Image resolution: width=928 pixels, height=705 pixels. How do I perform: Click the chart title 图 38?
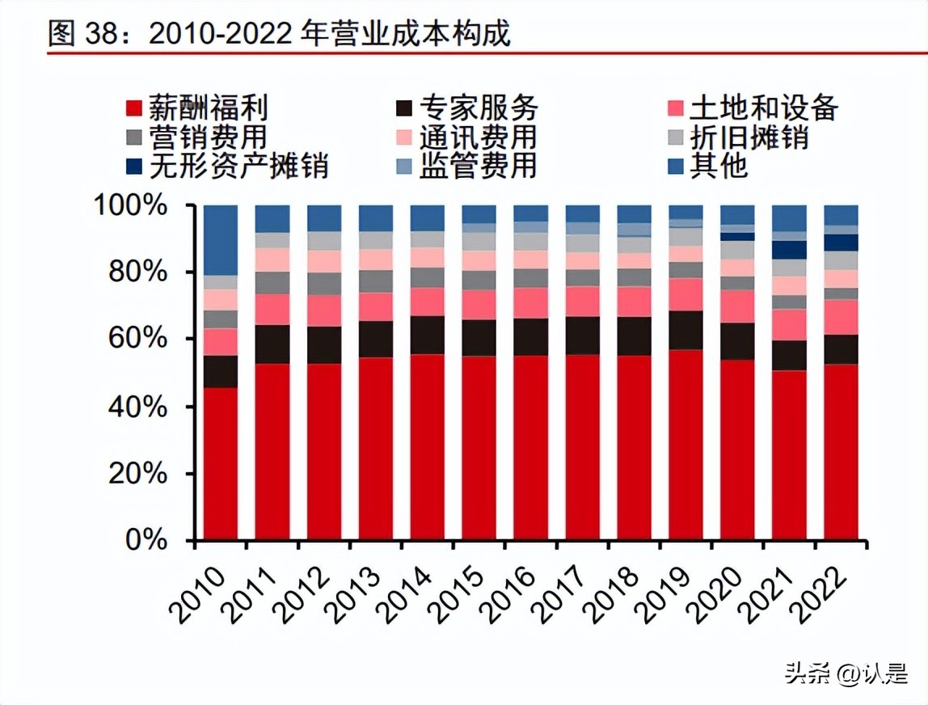(279, 33)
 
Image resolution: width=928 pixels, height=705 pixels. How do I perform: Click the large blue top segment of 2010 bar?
(221, 240)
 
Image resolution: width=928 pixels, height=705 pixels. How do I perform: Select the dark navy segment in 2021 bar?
(789, 250)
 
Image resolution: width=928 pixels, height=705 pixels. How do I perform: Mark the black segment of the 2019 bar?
(685, 330)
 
